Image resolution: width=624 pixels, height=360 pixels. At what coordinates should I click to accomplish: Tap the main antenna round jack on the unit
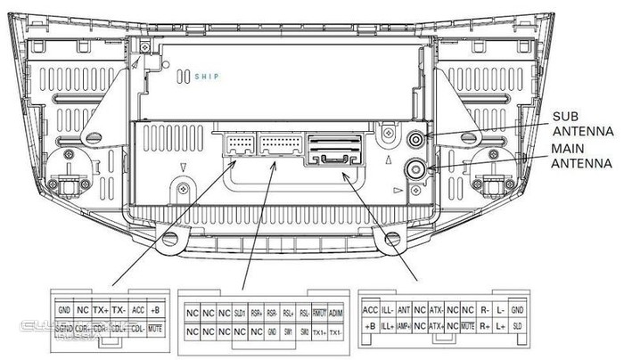416,168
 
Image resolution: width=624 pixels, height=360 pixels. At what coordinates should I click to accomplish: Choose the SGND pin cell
63,329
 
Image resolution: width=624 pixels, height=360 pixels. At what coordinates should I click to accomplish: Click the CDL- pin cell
137,329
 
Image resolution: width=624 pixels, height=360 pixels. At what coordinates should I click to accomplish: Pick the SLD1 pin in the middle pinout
240,313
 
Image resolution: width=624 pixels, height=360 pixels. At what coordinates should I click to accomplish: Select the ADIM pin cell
335,313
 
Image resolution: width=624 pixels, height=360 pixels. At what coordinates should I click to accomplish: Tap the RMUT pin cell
319,313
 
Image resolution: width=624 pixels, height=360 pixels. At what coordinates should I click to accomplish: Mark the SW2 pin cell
304,331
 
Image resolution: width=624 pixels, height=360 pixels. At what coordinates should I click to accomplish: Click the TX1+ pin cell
319,331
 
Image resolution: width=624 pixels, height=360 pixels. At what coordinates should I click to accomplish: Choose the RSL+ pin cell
288,313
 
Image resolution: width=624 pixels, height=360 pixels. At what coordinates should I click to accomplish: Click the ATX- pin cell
437,309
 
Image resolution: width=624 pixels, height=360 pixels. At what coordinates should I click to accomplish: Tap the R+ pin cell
484,327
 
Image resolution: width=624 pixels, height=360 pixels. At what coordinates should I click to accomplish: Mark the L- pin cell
501,309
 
